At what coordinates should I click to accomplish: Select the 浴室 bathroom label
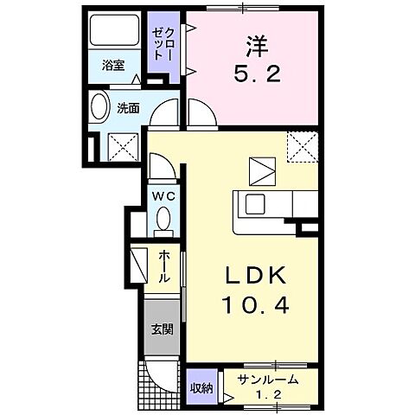coord(112,65)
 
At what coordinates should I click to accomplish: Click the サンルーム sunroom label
coord(270,378)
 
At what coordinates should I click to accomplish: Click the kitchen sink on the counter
coord(257,204)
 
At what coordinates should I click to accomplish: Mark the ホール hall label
coord(164,267)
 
